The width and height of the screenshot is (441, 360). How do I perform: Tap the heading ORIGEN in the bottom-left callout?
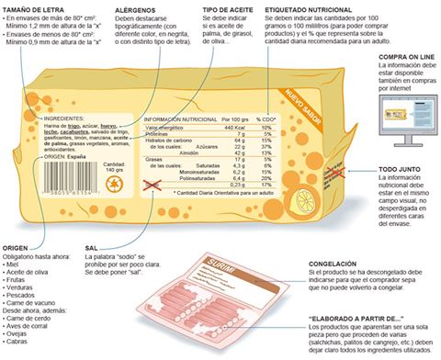pyautogui.click(x=17, y=247)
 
